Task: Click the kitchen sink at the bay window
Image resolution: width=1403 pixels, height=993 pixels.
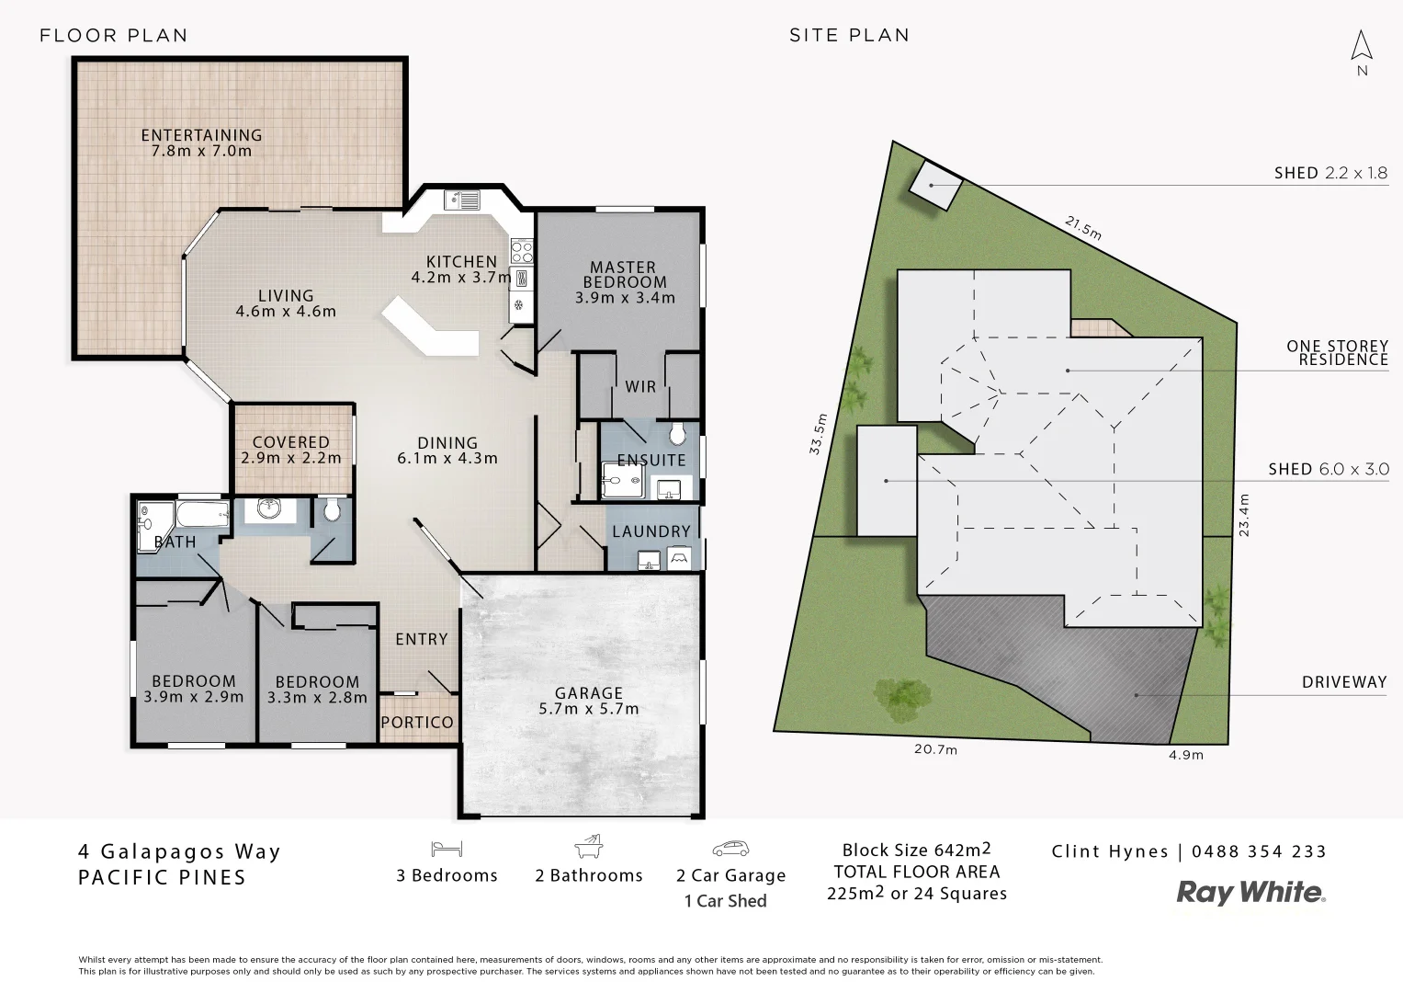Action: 461,199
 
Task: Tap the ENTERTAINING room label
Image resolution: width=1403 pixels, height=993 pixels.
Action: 201,143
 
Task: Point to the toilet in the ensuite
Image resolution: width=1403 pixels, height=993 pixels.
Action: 679,433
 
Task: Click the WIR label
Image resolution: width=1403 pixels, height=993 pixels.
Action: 640,386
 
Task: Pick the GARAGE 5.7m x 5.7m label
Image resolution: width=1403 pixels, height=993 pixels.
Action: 588,701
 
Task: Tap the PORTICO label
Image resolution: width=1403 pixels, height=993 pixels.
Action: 417,723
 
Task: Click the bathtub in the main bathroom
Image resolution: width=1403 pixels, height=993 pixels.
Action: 201,513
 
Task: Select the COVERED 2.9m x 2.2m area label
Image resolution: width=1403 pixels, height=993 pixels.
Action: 290,450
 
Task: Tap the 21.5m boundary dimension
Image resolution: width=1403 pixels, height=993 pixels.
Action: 1083,227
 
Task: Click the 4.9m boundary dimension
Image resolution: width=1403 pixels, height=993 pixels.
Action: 1186,755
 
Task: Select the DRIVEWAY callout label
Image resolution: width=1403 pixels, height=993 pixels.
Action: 1343,682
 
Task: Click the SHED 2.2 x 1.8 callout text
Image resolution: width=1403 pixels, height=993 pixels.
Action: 1329,173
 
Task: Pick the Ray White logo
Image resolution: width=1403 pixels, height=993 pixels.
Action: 1251,892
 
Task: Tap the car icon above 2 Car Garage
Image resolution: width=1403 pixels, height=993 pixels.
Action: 730,848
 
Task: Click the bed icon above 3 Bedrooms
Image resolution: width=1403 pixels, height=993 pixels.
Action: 446,848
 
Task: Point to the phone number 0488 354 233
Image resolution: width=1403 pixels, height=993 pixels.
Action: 1259,851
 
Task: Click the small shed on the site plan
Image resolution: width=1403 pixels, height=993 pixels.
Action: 936,184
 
